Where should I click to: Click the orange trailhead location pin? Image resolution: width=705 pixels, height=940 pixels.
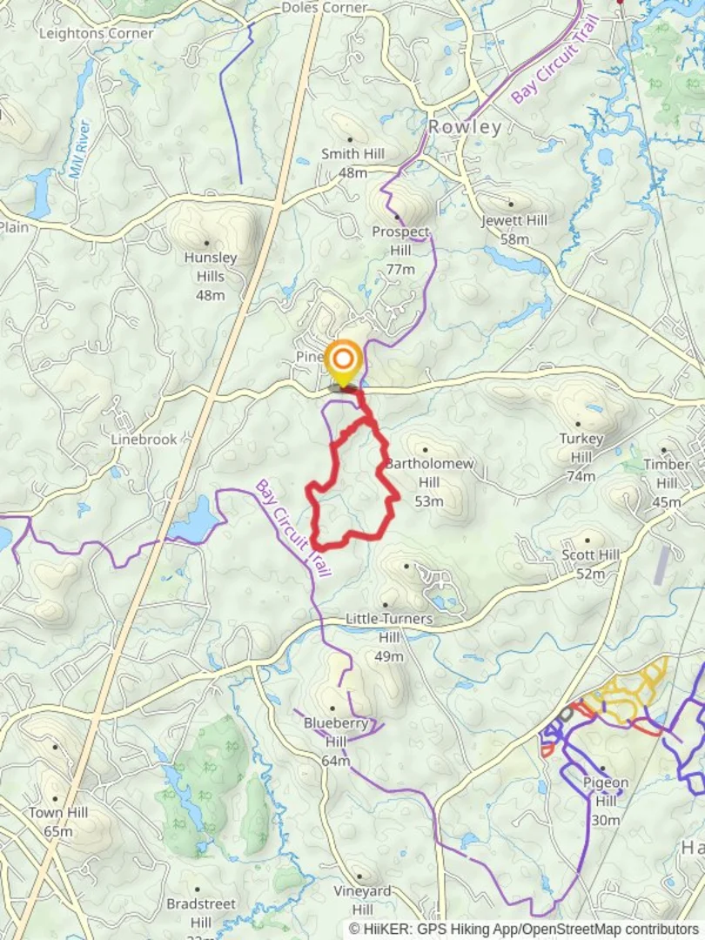pyautogui.click(x=344, y=360)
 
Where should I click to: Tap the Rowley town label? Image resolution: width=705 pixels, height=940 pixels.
pyautogui.click(x=465, y=127)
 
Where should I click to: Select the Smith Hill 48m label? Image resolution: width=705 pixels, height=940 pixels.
pyautogui.click(x=352, y=163)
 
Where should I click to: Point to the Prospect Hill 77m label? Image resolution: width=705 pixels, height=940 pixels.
pyautogui.click(x=400, y=250)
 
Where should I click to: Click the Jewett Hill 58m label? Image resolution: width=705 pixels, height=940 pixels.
pyautogui.click(x=515, y=229)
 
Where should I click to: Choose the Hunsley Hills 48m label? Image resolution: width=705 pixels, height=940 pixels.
pyautogui.click(x=211, y=276)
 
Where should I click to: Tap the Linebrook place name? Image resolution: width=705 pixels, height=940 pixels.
pyautogui.click(x=144, y=440)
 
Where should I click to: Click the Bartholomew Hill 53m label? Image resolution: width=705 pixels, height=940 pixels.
pyautogui.click(x=429, y=481)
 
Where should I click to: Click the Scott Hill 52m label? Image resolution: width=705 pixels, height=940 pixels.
pyautogui.click(x=590, y=564)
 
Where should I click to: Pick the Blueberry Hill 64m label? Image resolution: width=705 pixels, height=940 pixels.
pyautogui.click(x=335, y=740)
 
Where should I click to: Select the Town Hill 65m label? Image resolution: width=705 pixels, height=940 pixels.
pyautogui.click(x=58, y=822)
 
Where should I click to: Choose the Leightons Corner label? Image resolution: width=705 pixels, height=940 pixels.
pyautogui.click(x=97, y=33)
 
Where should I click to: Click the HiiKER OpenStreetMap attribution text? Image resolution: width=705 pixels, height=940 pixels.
pyautogui.click(x=524, y=929)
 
